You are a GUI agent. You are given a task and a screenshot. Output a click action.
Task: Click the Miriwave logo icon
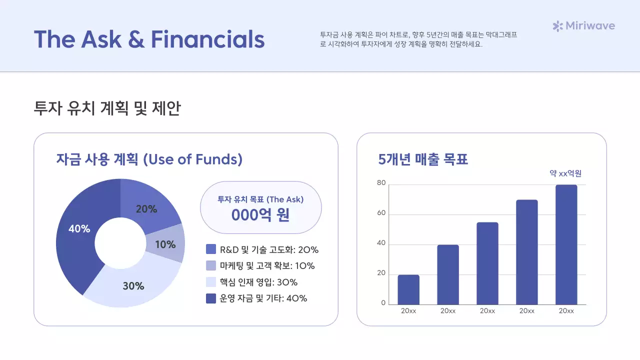[557, 26]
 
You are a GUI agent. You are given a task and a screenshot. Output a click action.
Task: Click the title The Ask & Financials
[149, 39]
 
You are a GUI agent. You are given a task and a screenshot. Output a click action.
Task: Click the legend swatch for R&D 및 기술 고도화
[211, 249]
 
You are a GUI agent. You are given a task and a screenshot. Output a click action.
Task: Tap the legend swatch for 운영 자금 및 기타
[211, 298]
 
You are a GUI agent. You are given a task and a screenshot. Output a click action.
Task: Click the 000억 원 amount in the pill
[260, 214]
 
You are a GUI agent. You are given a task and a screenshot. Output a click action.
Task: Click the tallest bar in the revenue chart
[566, 244]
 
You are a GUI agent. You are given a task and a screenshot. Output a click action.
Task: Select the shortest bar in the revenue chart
[408, 289]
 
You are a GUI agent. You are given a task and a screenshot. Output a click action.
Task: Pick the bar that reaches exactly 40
[448, 274]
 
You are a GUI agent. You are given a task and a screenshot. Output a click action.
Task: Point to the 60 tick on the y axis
[381, 213]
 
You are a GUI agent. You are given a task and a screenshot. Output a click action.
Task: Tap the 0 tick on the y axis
[383, 303]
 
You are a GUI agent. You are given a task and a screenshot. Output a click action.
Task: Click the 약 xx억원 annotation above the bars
[565, 173]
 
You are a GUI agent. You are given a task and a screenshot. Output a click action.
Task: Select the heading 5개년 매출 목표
[423, 159]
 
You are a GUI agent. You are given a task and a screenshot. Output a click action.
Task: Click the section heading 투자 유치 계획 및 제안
[107, 108]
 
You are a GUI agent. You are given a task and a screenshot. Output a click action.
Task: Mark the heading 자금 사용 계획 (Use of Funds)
[149, 159]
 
